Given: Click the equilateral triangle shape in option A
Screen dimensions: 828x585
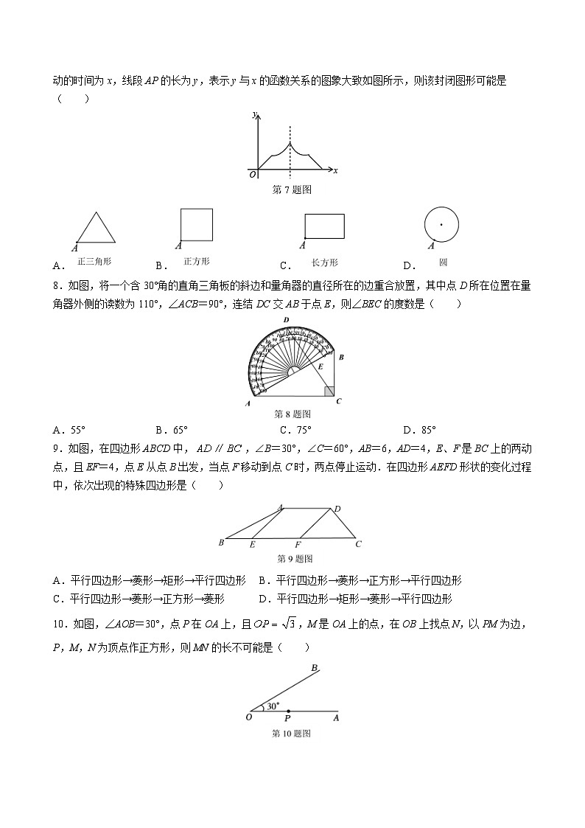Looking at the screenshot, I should click(96, 229).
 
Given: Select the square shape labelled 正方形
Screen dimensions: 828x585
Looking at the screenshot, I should click(197, 224).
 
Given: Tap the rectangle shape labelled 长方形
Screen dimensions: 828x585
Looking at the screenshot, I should click(324, 226).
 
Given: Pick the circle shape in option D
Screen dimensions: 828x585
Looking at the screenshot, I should click(441, 224).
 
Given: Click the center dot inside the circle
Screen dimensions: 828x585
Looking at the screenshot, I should click(441, 224).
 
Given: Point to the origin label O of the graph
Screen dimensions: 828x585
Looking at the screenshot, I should click(253, 175).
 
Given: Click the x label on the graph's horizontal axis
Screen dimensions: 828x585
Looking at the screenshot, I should click(335, 171).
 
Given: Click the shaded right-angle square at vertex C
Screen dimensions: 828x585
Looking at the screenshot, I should click(329, 391).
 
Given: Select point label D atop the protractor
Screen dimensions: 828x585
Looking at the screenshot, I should click(285, 319).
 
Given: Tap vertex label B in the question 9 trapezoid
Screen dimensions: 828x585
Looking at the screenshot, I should click(221, 543).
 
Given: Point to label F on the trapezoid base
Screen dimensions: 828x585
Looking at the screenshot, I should click(298, 546).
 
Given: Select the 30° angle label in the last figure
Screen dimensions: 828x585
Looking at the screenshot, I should click(273, 706).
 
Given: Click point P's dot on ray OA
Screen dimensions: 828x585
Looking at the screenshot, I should click(287, 712).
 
